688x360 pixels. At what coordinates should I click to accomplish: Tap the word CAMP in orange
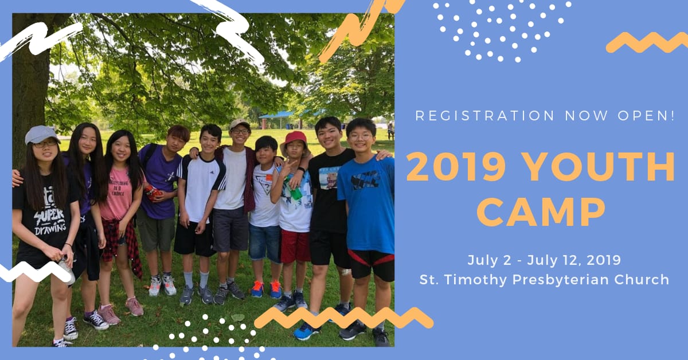tap(541, 212)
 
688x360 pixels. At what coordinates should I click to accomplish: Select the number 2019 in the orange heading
tap(456, 167)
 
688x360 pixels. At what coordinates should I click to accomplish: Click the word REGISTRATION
tap(484, 116)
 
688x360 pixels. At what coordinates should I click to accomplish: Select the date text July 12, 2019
tap(574, 260)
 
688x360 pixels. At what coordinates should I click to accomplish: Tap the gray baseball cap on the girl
tap(41, 135)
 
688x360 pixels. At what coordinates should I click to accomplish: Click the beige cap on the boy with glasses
tap(240, 124)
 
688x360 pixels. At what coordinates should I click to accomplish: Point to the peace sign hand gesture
tap(287, 168)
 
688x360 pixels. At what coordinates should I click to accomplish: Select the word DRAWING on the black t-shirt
tap(50, 229)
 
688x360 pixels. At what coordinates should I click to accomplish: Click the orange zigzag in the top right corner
tap(647, 42)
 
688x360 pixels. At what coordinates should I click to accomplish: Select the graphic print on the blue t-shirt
tap(364, 180)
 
